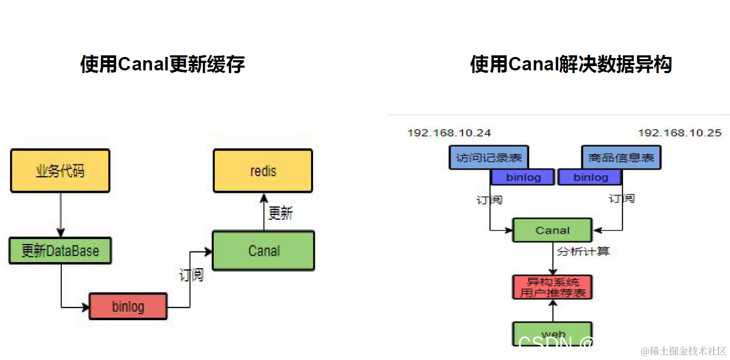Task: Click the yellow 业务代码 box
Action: [x=60, y=171]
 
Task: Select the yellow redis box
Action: [x=263, y=171]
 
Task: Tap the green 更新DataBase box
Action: [x=60, y=251]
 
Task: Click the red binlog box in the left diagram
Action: [x=128, y=306]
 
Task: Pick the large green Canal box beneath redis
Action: [x=263, y=250]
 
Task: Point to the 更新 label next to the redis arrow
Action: [x=280, y=213]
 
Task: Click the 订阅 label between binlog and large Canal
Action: [x=191, y=275]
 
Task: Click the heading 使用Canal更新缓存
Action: [x=162, y=64]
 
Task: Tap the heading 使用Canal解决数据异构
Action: [x=571, y=64]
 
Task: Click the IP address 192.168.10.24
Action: [x=449, y=133]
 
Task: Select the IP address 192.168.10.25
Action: [x=680, y=133]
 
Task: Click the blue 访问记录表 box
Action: [x=488, y=158]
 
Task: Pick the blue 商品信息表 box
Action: [x=621, y=158]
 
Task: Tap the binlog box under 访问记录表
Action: [x=523, y=177]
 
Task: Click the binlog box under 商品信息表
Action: [x=590, y=177]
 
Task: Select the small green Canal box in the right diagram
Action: [x=552, y=230]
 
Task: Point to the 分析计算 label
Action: [x=583, y=251]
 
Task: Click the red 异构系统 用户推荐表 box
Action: [x=552, y=287]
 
